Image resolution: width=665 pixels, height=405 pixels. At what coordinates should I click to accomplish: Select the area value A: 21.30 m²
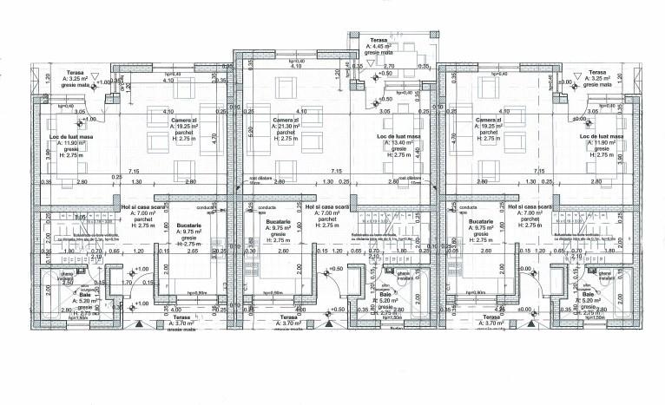[286, 126]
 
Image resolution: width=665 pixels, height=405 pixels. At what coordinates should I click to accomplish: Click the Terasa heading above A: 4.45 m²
[379, 40]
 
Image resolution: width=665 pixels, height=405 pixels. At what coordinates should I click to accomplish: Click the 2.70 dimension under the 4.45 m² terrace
[389, 66]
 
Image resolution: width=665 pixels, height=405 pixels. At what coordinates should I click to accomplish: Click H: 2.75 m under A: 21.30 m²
[286, 139]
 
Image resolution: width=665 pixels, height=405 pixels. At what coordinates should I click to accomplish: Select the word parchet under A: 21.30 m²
[286, 132]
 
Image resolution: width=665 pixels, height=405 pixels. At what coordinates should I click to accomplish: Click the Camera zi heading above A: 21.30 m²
[286, 120]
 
